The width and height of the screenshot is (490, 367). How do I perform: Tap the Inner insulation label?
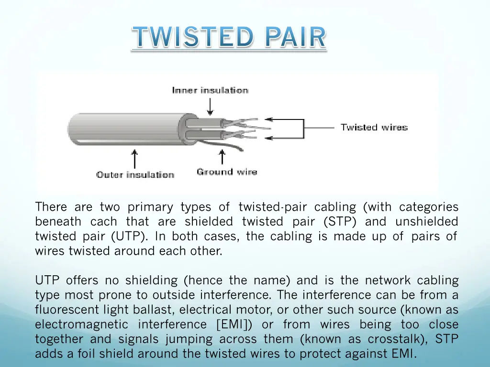(210, 90)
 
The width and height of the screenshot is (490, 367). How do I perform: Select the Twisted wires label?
(374, 127)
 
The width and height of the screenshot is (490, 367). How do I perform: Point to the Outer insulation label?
(135, 174)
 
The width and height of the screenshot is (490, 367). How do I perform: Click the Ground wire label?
(227, 172)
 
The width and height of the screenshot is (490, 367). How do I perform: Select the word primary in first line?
(149, 207)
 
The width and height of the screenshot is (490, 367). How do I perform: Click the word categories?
(429, 207)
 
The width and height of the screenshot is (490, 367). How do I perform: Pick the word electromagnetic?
(81, 324)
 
